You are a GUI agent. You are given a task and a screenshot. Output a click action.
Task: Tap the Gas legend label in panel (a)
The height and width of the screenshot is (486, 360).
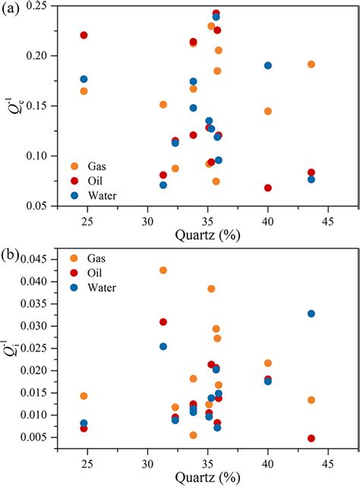(x=95, y=166)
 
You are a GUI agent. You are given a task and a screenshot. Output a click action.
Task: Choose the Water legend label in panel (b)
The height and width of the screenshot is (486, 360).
(x=101, y=286)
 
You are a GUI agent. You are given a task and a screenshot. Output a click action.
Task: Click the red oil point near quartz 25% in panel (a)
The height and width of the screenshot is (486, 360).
(x=84, y=35)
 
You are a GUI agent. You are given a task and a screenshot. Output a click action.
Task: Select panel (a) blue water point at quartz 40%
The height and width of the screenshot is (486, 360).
(x=268, y=65)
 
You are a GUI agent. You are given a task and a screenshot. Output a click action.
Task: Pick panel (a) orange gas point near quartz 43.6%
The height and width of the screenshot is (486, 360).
(x=311, y=65)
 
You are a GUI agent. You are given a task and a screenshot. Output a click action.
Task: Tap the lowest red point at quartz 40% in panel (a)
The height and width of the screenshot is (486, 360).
(x=268, y=188)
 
